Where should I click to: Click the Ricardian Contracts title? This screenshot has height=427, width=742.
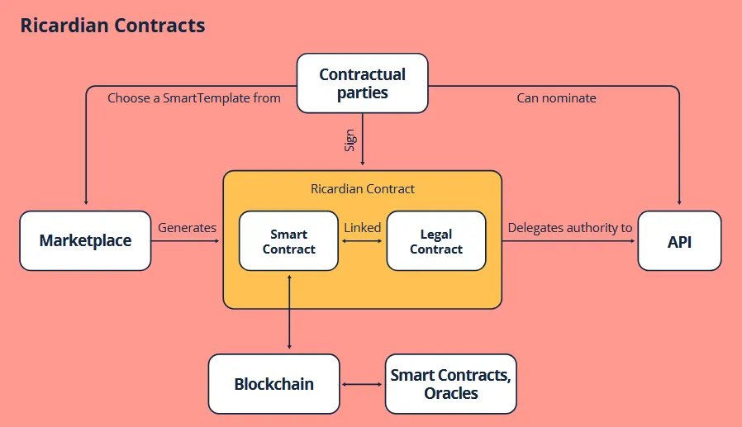(112, 26)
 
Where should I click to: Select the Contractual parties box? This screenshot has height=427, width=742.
(363, 83)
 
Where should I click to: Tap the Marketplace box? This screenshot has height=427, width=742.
(85, 240)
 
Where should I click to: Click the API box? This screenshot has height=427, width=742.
(679, 240)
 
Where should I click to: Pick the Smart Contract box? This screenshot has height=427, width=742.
(288, 240)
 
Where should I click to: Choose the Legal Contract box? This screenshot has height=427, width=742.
(436, 240)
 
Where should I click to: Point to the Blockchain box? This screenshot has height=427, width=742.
(274, 384)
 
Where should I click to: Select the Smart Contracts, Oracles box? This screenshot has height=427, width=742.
(451, 384)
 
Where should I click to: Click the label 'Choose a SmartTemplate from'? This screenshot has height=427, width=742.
(194, 98)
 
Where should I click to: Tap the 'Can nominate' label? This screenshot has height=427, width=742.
(557, 98)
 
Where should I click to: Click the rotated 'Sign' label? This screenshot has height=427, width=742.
(350, 140)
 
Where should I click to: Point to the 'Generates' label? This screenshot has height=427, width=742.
(187, 227)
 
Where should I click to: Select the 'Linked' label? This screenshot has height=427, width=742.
(363, 227)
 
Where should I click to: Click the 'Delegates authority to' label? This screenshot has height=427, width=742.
(570, 227)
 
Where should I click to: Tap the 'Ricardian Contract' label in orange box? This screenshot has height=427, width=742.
(363, 189)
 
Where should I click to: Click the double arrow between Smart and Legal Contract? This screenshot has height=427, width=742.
(363, 241)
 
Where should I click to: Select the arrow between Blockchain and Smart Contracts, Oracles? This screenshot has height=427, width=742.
(362, 384)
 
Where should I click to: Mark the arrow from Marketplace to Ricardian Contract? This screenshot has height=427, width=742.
(185, 241)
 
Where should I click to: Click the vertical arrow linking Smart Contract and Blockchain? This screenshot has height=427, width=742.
(289, 312)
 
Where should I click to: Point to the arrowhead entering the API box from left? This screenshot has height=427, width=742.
(632, 241)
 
